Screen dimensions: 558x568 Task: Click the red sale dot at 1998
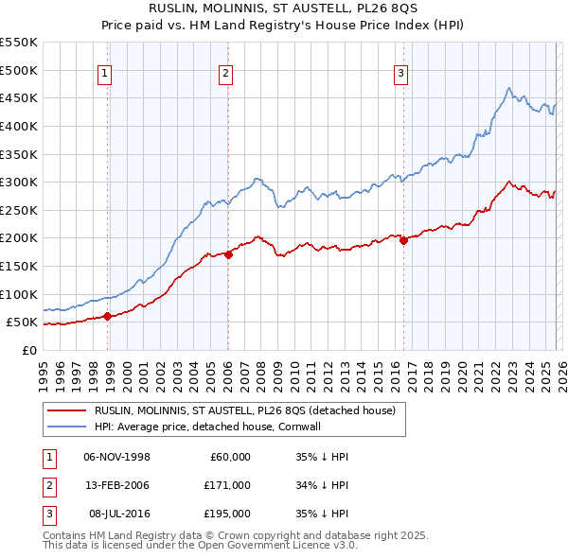[108, 317]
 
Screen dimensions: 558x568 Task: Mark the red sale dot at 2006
[229, 254]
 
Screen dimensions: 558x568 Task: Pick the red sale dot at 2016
[403, 240]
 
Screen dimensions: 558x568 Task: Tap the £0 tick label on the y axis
[27, 350]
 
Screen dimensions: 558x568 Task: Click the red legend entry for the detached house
[250, 410]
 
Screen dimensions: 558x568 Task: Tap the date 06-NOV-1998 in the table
[116, 457]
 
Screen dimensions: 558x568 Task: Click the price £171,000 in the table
[227, 485]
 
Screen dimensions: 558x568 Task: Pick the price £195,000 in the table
[227, 514]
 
